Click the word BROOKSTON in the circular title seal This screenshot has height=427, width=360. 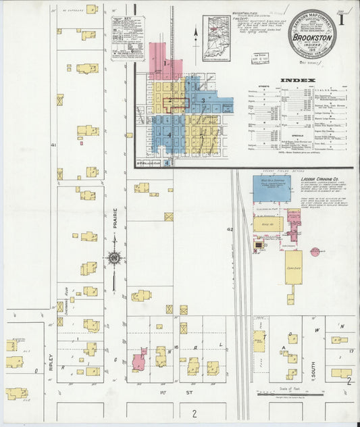coord(311,30)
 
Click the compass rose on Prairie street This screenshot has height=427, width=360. coord(115,257)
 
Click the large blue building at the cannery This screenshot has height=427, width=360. coord(272,189)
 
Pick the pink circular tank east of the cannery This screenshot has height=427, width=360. coord(315,252)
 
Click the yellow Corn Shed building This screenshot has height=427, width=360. coord(293,268)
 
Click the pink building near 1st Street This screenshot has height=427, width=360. coord(139,360)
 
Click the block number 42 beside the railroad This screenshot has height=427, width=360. coord(230,230)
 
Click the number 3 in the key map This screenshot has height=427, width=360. coord(203,101)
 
